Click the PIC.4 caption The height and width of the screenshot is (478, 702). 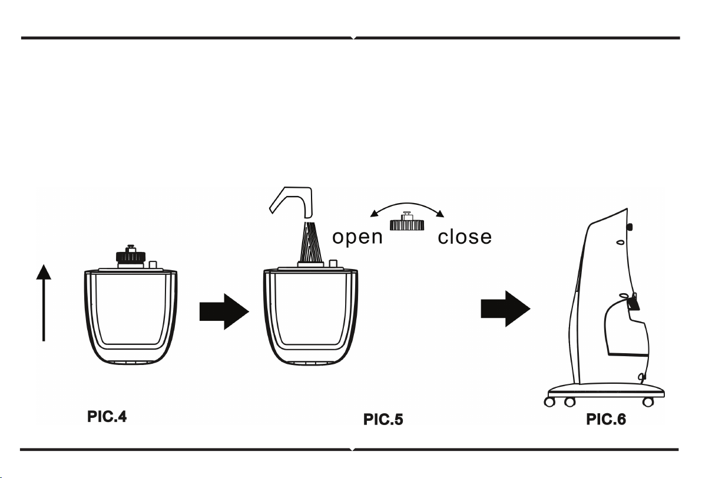pos(107,417)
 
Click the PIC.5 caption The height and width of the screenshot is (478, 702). pos(383,419)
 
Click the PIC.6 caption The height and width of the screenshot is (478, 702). pos(606,419)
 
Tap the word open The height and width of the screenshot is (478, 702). pos(357,237)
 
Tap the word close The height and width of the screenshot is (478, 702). pos(465,236)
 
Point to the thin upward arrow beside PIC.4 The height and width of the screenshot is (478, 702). pos(44,303)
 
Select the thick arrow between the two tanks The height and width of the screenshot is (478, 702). pos(224,311)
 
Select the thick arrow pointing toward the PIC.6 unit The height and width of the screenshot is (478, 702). pos(505,308)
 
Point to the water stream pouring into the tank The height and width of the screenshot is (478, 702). pos(310,242)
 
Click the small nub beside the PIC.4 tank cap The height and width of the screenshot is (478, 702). pos(153,264)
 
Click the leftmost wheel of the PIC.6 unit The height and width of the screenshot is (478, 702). pos(549,401)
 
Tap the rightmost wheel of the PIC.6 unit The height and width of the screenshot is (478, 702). pos(648,401)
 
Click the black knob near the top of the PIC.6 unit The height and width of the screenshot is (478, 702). pos(630,227)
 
